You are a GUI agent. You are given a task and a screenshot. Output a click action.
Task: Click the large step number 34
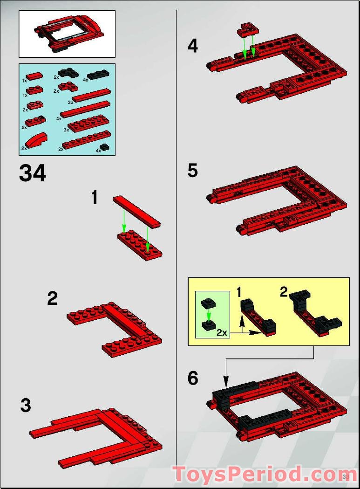pyautogui.click(x=32, y=173)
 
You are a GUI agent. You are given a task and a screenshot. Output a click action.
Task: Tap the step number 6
pyautogui.click(x=193, y=379)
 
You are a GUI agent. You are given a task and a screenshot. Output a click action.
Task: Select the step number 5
pyautogui.click(x=192, y=171)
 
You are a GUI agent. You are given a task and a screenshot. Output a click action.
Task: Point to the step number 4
pyautogui.click(x=192, y=46)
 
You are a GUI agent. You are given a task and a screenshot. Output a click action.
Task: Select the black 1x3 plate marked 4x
pyautogui.click(x=98, y=74)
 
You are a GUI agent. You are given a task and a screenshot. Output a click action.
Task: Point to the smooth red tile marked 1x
pyautogui.click(x=34, y=76)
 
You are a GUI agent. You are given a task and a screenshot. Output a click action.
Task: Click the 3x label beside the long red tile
pyautogui.click(x=70, y=102)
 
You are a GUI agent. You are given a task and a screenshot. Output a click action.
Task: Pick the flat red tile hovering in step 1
pyautogui.click(x=136, y=211)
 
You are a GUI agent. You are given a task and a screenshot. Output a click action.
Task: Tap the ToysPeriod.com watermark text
pyautogui.click(x=264, y=475)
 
